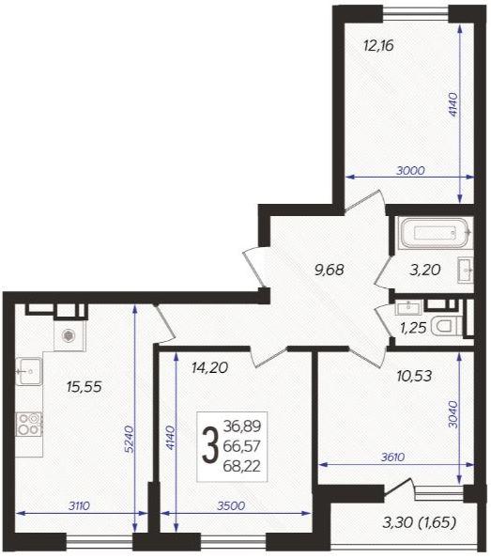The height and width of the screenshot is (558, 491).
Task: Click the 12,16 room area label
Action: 378,46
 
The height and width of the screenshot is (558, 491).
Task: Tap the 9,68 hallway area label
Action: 330,270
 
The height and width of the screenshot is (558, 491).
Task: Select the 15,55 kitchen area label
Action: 84,386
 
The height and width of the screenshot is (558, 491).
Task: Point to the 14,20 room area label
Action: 209,367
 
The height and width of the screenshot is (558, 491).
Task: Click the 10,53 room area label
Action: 414,376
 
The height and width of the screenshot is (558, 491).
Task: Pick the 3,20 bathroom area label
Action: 425,270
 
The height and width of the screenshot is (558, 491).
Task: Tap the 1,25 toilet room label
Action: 413,328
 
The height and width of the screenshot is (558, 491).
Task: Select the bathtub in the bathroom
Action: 436,233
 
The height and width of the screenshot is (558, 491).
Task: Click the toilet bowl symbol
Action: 446,327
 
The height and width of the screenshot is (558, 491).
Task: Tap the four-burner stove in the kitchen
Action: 29,424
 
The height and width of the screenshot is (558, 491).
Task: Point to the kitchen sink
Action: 29,371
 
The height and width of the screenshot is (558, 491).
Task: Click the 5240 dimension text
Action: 130,439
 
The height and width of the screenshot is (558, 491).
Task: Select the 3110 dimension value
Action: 79,505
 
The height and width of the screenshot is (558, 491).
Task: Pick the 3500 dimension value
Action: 231,505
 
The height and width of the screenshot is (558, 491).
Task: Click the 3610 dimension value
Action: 392,457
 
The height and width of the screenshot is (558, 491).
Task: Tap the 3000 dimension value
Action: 410,170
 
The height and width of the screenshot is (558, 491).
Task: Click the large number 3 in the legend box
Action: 209,445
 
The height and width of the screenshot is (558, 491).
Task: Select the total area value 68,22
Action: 242,466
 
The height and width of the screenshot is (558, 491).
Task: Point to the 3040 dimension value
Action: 453,414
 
